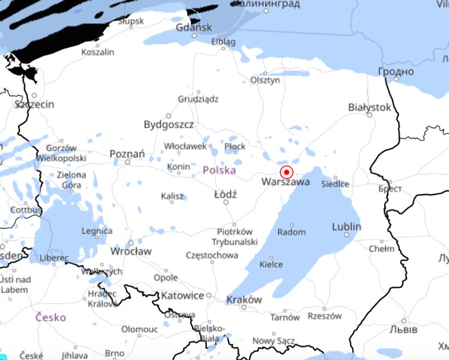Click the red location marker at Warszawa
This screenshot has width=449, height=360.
tap(287, 172)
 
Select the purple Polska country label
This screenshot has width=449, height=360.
tap(219, 170)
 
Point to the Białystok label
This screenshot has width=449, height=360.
tap(370, 107)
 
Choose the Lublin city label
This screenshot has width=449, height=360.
tap(346, 227)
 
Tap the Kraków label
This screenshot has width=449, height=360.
tap(244, 300)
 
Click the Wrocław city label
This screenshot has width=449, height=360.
tap(131, 251)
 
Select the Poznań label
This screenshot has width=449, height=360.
tap(127, 154)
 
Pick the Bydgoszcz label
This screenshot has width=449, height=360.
tap(169, 124)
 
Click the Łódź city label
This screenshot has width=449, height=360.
tap(225, 194)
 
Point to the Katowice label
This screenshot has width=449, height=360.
tap(182, 296)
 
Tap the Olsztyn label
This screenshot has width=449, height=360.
tap(266, 80)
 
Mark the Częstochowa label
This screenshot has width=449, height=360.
tap(212, 255)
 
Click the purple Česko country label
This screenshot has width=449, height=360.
tap(51, 317)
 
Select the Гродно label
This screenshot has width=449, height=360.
tap(395, 71)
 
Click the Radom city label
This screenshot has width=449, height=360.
tap(291, 232)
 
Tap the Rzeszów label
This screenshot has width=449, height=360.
tap(324, 316)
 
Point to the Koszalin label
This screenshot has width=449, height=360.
tap(97, 52)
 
